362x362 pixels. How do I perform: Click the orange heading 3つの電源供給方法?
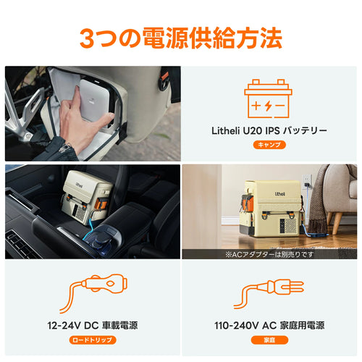(x=181, y=38)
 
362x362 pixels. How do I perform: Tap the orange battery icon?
(x=268, y=98)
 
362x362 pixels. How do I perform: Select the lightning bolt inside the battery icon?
(x=268, y=106)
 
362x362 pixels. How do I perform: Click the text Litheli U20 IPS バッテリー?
(x=269, y=131)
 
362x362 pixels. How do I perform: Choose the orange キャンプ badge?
(x=269, y=145)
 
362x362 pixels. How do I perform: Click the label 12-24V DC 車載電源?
(x=93, y=326)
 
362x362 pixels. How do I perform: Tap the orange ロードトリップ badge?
(x=93, y=340)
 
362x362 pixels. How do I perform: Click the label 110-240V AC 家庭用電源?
(x=269, y=326)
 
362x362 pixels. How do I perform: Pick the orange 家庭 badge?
(x=269, y=340)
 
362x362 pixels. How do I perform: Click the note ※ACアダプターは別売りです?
(x=269, y=254)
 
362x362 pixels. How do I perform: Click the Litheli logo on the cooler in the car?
(x=79, y=185)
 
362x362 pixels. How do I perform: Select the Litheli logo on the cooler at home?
(x=280, y=194)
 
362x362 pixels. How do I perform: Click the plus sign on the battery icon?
(x=256, y=106)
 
